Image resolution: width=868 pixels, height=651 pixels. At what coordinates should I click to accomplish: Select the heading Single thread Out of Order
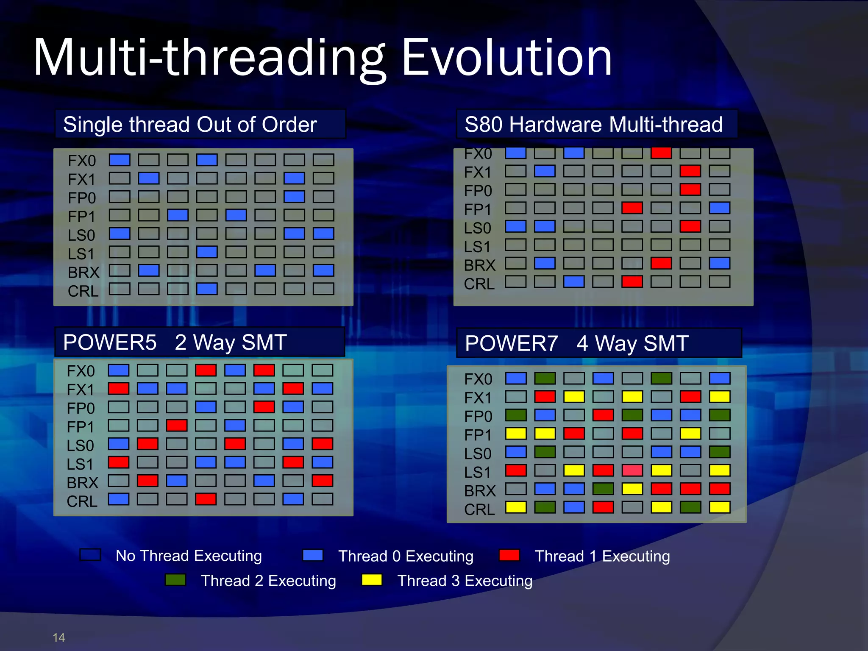click(x=190, y=125)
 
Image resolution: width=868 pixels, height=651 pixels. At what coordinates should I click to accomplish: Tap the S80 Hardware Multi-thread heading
click(x=593, y=125)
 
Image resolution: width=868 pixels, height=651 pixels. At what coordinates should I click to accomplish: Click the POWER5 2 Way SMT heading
click(x=175, y=342)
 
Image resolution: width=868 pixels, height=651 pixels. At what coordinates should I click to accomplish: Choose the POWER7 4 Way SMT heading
click(x=576, y=343)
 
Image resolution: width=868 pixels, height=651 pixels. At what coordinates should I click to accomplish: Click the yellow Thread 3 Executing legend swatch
click(x=372, y=580)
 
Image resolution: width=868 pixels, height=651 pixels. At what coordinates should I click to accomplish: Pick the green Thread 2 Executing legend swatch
click(x=175, y=580)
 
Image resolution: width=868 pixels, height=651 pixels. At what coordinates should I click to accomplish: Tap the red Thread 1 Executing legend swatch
click(x=509, y=555)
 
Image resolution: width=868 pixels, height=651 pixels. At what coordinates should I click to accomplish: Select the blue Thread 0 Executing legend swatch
click(x=313, y=555)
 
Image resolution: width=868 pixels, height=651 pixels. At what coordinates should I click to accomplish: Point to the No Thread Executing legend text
click(x=189, y=556)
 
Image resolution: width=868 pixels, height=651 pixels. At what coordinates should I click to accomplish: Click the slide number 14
click(x=58, y=637)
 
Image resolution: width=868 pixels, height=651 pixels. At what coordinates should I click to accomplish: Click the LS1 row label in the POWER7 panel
click(x=477, y=472)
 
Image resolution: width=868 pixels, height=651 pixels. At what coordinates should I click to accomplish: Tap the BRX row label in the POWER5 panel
click(x=82, y=483)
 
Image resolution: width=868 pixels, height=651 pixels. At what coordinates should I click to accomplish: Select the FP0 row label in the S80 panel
click(x=478, y=191)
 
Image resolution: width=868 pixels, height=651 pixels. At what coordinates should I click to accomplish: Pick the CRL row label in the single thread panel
click(x=83, y=291)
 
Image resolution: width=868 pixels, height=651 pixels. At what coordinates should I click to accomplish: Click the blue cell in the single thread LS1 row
click(x=207, y=252)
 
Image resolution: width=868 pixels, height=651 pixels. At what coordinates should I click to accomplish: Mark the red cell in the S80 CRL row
click(x=632, y=282)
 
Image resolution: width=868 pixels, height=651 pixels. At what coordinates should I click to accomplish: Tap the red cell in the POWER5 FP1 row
click(x=177, y=426)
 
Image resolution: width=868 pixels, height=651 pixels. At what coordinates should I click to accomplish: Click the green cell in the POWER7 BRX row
click(x=603, y=489)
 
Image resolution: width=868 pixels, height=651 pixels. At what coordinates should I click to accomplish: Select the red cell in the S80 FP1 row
click(x=632, y=208)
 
